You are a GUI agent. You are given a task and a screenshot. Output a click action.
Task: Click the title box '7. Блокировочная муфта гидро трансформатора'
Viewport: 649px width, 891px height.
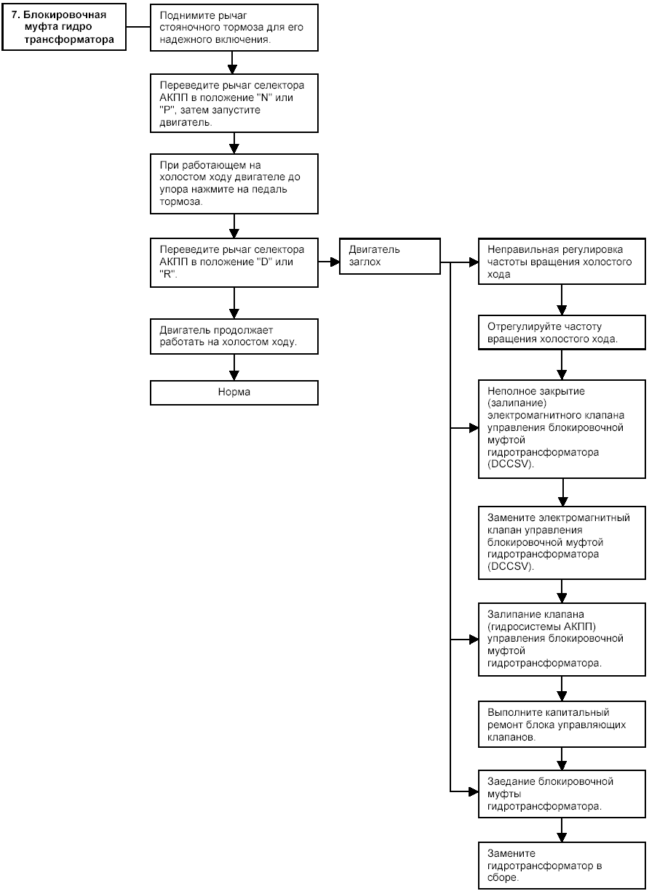pyautogui.click(x=64, y=27)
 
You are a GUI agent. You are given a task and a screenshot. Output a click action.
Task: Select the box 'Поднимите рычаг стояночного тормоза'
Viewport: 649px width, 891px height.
pyautogui.click(x=234, y=28)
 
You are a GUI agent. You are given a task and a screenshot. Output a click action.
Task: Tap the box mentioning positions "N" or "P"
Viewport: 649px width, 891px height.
pyautogui.click(x=234, y=103)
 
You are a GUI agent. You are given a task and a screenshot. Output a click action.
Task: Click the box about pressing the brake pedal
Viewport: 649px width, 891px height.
pyautogui.click(x=234, y=184)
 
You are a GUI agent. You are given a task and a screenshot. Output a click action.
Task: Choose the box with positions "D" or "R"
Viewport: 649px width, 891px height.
pyautogui.click(x=234, y=262)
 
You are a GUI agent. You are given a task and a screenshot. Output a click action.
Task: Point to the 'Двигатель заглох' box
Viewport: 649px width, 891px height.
pyautogui.click(x=390, y=256)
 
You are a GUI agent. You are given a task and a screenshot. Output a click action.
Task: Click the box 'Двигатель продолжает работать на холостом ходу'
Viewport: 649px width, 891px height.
pyautogui.click(x=234, y=336)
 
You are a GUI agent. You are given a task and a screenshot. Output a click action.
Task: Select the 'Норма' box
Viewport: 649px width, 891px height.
pyautogui.click(x=234, y=392)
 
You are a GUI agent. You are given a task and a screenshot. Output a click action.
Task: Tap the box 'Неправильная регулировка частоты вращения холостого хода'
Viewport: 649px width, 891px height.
pyautogui.click(x=562, y=262)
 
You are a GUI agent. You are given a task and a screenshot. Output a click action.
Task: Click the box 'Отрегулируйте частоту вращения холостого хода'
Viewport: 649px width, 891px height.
pyautogui.click(x=562, y=333)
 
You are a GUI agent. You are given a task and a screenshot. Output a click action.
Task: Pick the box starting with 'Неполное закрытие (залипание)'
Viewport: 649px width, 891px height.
pyautogui.click(x=562, y=429)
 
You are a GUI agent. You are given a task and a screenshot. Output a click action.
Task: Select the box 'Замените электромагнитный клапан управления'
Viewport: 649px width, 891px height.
pyautogui.click(x=562, y=543)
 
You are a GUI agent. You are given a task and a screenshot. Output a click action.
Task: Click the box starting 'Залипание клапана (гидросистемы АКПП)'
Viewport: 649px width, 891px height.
pyautogui.click(x=562, y=640)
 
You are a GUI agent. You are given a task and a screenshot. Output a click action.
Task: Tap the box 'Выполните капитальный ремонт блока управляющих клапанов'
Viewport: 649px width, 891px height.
pyautogui.click(x=562, y=725)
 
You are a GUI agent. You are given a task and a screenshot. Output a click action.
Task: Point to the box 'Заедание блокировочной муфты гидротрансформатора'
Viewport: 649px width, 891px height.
pyautogui.click(x=562, y=794)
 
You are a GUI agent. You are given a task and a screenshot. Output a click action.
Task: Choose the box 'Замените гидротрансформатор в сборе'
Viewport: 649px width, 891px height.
pyautogui.click(x=562, y=865)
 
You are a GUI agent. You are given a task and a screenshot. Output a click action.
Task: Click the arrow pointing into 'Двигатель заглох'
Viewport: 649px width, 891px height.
pyautogui.click(x=329, y=262)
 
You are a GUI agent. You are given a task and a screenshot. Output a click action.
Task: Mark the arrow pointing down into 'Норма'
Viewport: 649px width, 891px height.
pyautogui.click(x=234, y=367)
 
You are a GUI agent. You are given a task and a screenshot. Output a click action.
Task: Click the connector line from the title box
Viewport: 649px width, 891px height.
pyautogui.click(x=138, y=27)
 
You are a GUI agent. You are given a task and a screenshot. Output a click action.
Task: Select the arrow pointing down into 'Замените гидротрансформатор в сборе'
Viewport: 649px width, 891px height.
pyautogui.click(x=562, y=830)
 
